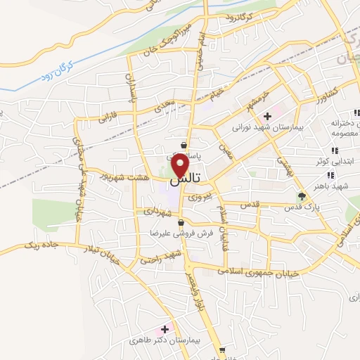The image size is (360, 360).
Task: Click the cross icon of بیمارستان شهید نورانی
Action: click(x=267, y=116)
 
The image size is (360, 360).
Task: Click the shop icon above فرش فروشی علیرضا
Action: click(x=181, y=223)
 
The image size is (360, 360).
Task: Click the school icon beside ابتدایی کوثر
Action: click(x=335, y=150)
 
